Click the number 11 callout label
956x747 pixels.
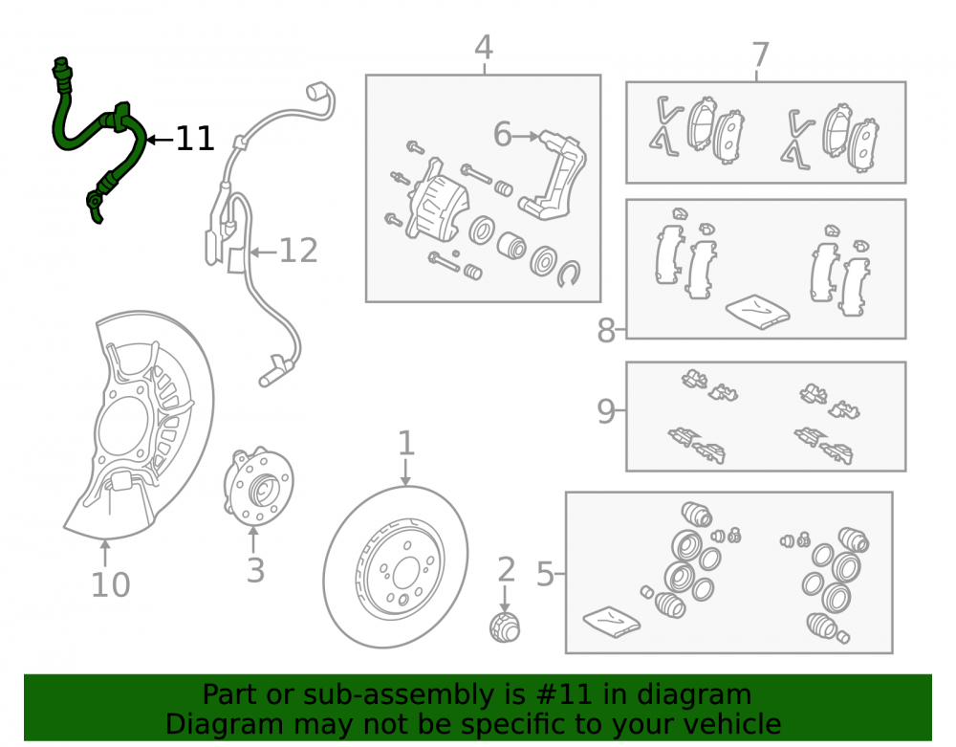tap(195, 139)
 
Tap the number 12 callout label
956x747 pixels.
tap(298, 252)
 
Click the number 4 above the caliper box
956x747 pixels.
tap(484, 48)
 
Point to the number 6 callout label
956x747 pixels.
tap(503, 134)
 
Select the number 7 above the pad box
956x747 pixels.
tap(760, 55)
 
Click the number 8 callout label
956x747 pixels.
tap(606, 331)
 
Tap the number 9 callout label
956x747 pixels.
tap(605, 411)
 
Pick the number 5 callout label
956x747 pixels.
tap(545, 575)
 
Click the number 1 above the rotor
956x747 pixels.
tap(406, 443)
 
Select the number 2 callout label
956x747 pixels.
tap(506, 570)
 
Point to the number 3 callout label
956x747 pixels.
tap(255, 571)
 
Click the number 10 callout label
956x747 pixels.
tap(110, 584)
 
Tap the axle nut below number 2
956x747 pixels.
tap(505, 627)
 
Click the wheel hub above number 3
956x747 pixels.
tap(258, 487)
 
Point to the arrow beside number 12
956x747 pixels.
tap(263, 252)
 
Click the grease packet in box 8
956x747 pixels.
tap(758, 311)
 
